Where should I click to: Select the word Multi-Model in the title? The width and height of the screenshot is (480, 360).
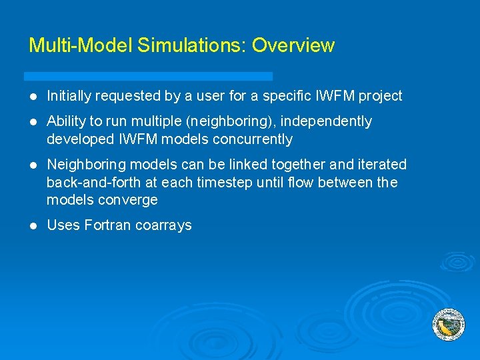pyautogui.click(x=81, y=45)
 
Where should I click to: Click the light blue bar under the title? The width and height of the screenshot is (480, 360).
pyautogui.click(x=148, y=76)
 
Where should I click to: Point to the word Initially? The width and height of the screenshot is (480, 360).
pyautogui.click(x=69, y=96)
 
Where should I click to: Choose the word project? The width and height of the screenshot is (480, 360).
pyautogui.click(x=380, y=96)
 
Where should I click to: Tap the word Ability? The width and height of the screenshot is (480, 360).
pyautogui.click(x=65, y=121)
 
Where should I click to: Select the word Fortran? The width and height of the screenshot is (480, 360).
pyautogui.click(x=107, y=225)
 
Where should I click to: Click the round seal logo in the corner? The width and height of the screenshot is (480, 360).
pyautogui.click(x=448, y=325)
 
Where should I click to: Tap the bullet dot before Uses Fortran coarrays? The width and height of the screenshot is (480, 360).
pyautogui.click(x=33, y=225)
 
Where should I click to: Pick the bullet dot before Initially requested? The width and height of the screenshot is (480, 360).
pyautogui.click(x=33, y=97)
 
